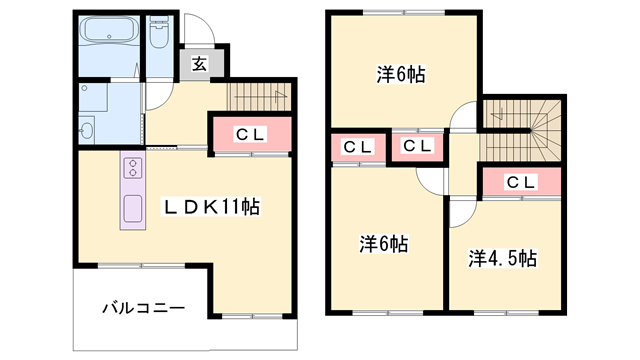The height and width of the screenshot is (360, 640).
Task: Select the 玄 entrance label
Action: pos(199,65)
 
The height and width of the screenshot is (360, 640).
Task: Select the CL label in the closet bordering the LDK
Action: pos(249,133)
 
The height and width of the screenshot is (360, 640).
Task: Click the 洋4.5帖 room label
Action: pos(502,258)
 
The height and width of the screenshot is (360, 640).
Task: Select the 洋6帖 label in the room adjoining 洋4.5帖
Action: pos(384,243)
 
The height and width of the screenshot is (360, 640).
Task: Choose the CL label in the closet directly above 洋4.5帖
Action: pos(518,182)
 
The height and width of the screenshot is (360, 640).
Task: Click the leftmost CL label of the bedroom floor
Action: pos(357,147)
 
